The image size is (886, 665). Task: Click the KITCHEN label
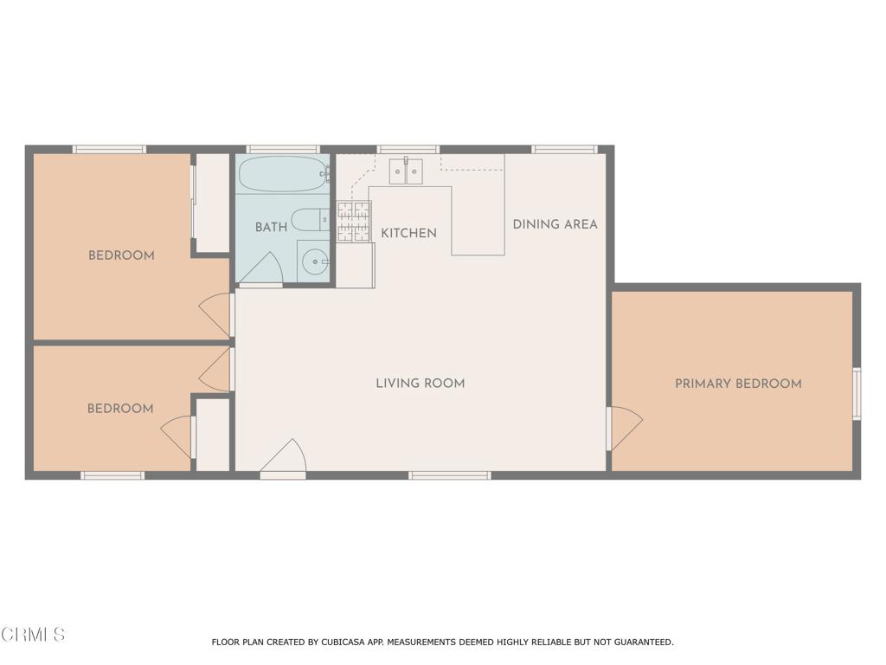click(408, 233)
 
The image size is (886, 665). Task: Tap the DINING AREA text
click(555, 224)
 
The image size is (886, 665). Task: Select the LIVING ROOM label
click(420, 383)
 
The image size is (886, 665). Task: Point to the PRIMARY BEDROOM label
click(738, 383)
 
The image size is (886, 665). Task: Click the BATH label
click(271, 227)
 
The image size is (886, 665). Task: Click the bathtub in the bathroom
click(283, 174)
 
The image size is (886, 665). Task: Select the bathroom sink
click(314, 261)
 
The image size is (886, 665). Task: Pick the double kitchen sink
click(406, 171)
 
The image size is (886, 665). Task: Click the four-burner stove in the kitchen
click(353, 221)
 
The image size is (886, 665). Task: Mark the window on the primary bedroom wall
click(857, 394)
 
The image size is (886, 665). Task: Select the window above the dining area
click(564, 149)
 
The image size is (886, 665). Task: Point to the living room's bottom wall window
click(449, 475)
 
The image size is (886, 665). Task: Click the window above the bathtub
click(282, 149)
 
